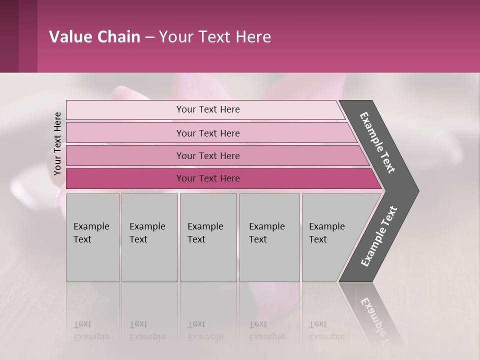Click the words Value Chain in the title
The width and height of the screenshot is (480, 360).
click(x=94, y=37)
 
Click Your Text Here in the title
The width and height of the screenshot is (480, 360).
click(x=215, y=37)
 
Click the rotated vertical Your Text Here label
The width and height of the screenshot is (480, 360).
click(x=57, y=143)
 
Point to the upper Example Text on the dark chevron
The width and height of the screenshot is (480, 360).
click(x=377, y=142)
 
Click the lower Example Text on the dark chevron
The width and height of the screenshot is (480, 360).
click(x=379, y=236)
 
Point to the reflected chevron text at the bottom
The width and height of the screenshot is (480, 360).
click(x=378, y=320)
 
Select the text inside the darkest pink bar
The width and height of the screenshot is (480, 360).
click(x=208, y=178)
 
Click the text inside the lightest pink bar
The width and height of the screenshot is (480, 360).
click(x=208, y=109)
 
